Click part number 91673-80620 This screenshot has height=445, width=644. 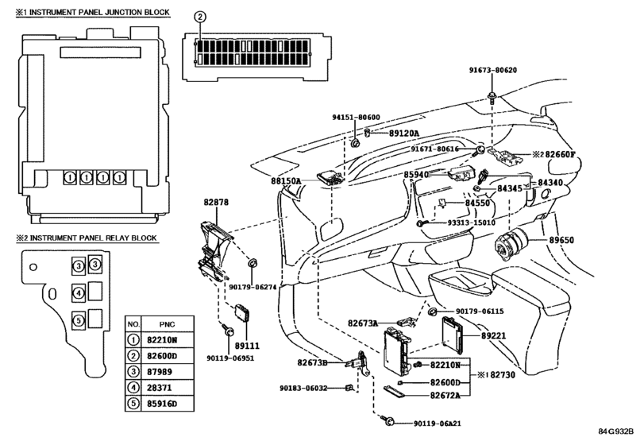click(493, 70)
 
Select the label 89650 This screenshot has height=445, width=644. click(561, 240)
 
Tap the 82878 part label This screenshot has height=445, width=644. click(216, 202)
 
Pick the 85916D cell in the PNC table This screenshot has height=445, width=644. click(162, 404)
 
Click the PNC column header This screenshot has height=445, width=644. click(167, 324)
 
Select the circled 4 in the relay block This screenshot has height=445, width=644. click(78, 293)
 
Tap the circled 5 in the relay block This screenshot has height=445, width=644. click(78, 320)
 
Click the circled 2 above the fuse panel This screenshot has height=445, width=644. click(199, 17)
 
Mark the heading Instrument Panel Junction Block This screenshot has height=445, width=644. click(99, 13)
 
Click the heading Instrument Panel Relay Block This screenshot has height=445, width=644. click(93, 238)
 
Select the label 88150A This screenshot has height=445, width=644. click(286, 181)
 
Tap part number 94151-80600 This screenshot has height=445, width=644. click(356, 117)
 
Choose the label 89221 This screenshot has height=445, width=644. click(494, 336)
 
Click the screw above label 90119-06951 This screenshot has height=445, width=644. click(227, 329)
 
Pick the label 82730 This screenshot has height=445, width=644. click(503, 375)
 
